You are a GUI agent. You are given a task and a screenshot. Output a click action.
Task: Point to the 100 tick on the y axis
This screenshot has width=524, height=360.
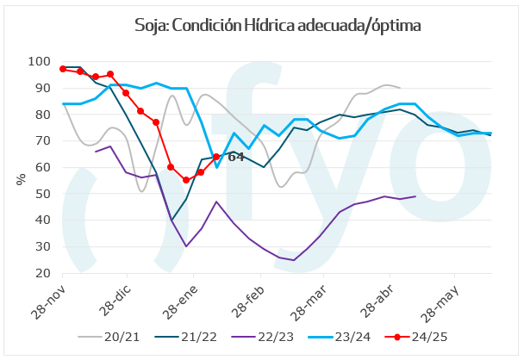39,61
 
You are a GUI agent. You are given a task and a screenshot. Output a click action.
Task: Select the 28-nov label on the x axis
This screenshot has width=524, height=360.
49,297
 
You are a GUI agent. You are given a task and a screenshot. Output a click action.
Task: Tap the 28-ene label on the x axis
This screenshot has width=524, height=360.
183,297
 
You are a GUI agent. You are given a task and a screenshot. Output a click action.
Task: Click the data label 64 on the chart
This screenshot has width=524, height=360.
235,158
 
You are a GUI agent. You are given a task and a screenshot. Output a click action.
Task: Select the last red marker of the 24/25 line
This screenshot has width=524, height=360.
216,157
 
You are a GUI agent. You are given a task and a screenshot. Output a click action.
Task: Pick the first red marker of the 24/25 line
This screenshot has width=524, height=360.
64,68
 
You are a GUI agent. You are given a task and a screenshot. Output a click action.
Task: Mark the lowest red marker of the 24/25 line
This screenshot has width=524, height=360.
186,180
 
